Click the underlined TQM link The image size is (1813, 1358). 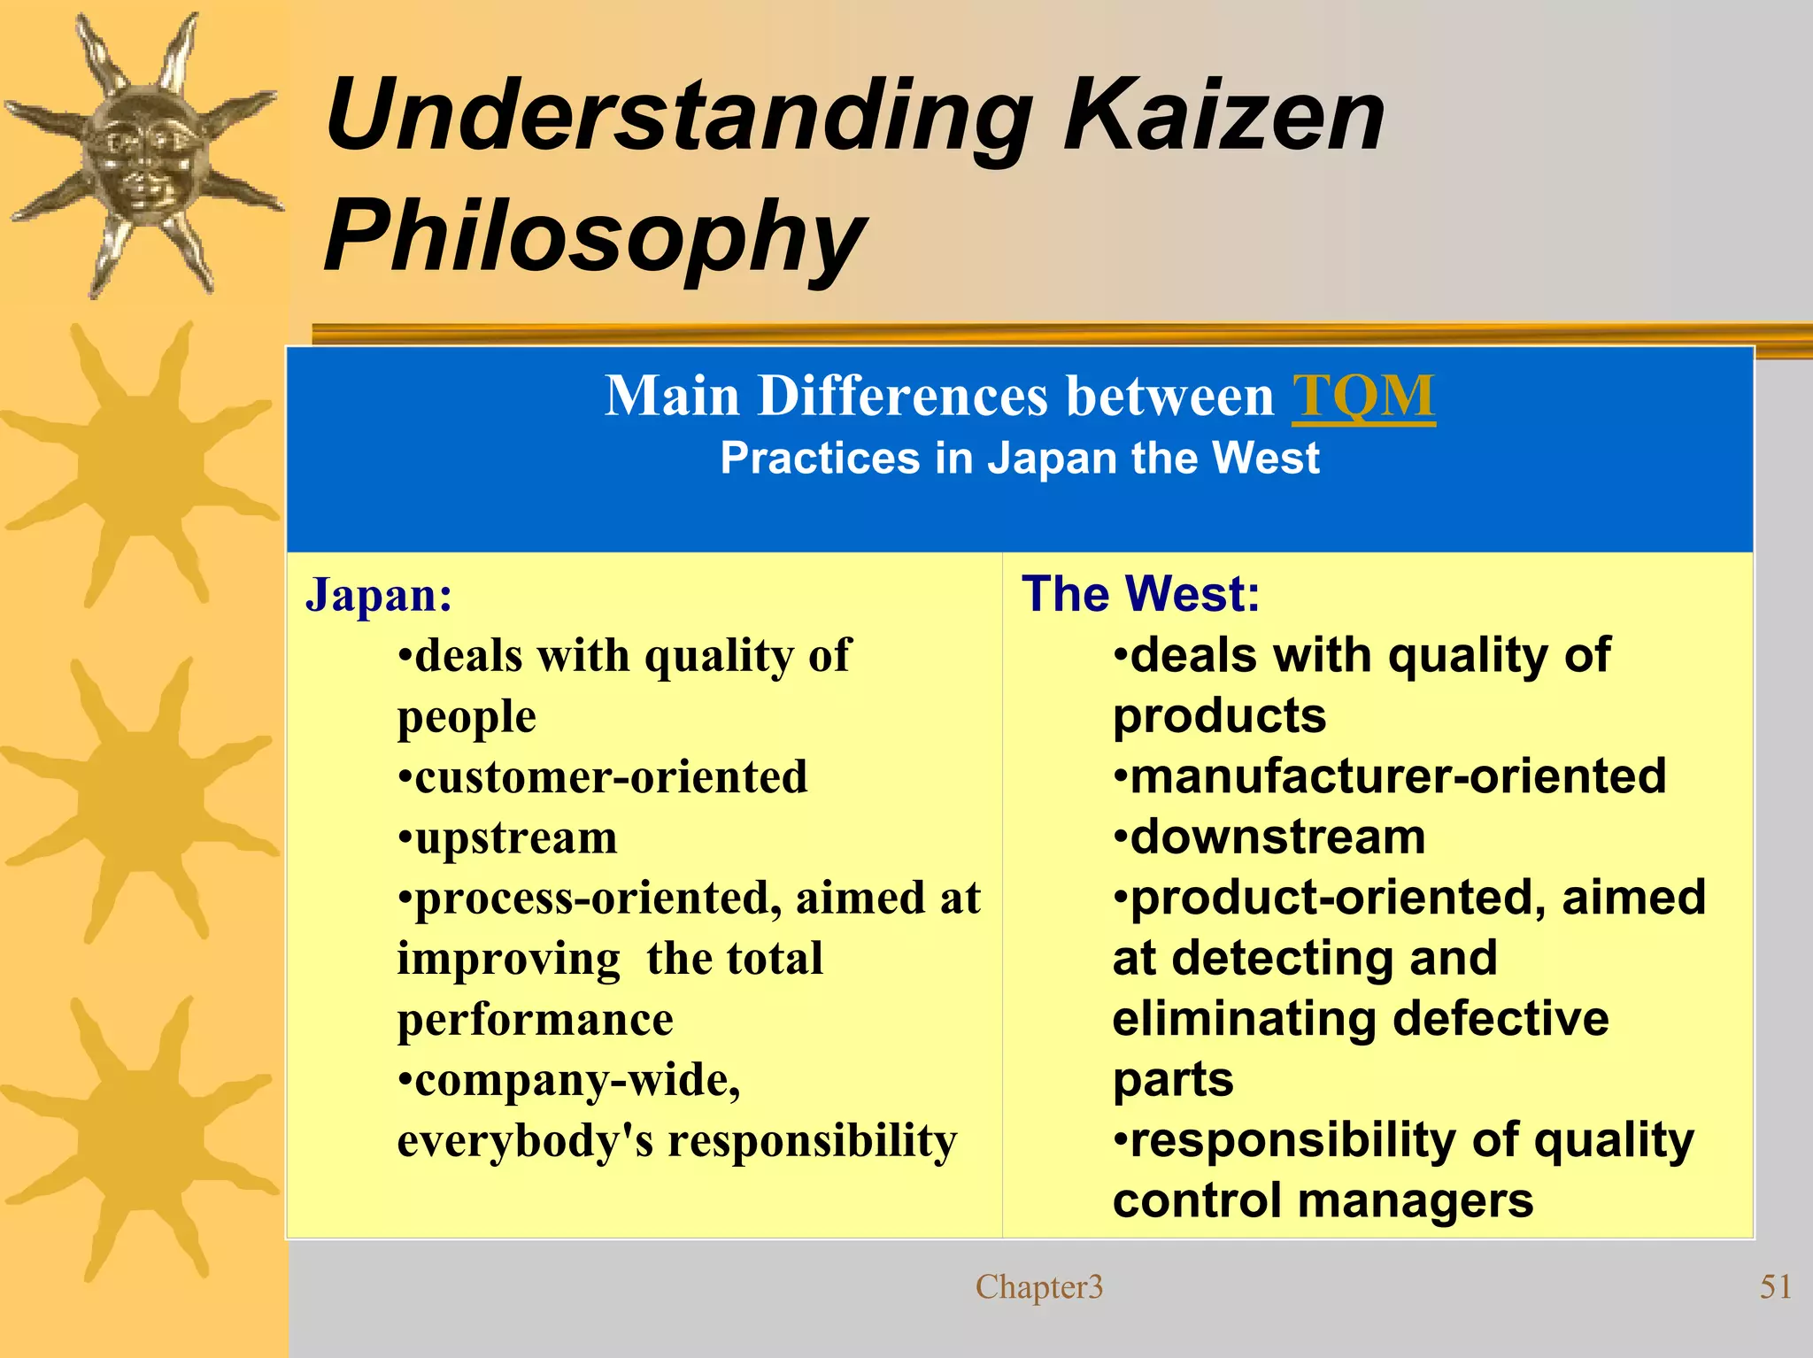click(1363, 396)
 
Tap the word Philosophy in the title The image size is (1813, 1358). click(594, 236)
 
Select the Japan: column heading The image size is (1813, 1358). click(379, 595)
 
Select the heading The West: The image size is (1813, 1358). click(1140, 593)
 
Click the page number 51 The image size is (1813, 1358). click(1775, 1286)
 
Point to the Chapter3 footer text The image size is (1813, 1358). click(1039, 1286)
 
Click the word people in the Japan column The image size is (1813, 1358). click(467, 717)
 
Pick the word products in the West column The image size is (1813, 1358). click(1219, 715)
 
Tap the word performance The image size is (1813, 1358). click(535, 1020)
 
